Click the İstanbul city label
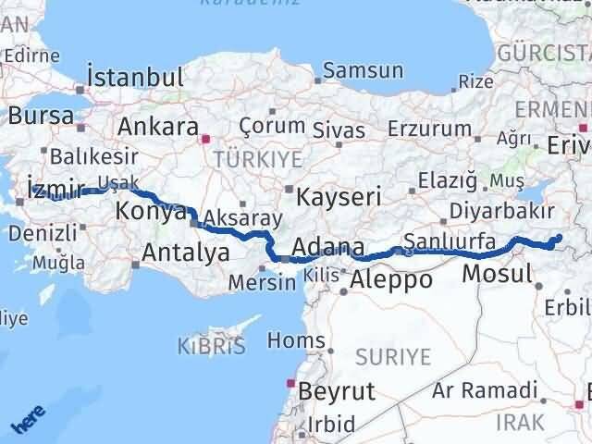coord(135,77)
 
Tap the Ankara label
coord(158,127)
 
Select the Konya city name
coord(151,213)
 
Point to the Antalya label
coord(186,251)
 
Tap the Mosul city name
coord(497,273)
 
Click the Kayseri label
coord(333,196)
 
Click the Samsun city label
coord(364,70)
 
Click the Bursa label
coord(41,117)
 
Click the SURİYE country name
coord(395,356)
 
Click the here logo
coord(28,422)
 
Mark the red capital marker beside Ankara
coord(205,139)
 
